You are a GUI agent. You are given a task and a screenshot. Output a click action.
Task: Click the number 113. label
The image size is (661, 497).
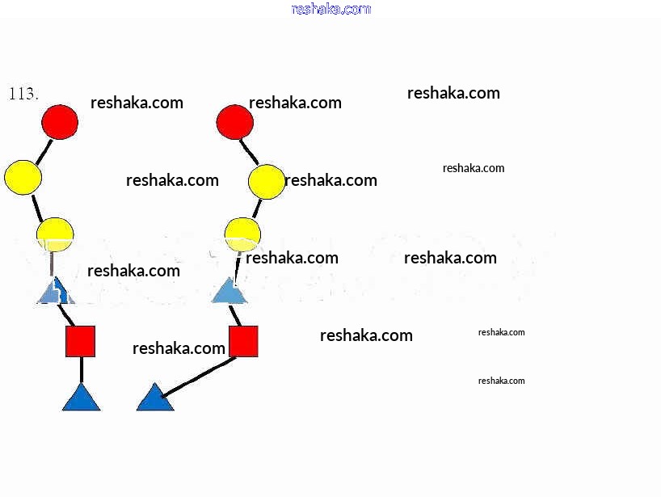point(23,94)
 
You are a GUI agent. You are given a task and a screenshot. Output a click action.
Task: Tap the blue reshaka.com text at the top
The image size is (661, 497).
point(330,9)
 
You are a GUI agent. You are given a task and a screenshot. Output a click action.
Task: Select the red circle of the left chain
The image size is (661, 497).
point(60,122)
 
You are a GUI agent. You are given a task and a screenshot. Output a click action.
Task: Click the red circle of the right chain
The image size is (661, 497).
point(235,122)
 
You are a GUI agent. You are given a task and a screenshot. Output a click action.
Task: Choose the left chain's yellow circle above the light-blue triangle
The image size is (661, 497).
point(55,234)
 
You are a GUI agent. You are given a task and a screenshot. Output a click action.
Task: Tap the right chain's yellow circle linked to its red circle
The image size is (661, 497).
point(267,182)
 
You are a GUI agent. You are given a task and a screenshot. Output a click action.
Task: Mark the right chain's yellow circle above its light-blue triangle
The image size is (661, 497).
point(242,233)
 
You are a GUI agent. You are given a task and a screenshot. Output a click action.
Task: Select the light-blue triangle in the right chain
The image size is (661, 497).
point(229,292)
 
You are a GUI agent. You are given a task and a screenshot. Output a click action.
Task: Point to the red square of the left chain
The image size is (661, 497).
point(80,341)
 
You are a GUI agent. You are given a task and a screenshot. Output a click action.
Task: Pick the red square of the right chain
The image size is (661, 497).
point(243,341)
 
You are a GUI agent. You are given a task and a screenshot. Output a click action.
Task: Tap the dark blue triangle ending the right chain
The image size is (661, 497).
point(154,399)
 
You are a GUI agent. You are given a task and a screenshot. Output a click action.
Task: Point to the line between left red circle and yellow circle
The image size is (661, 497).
point(44,150)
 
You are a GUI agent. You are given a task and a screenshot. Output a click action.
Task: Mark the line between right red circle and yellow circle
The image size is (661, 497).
point(250,151)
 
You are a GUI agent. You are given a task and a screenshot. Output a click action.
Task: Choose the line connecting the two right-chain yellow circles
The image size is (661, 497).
point(256,208)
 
